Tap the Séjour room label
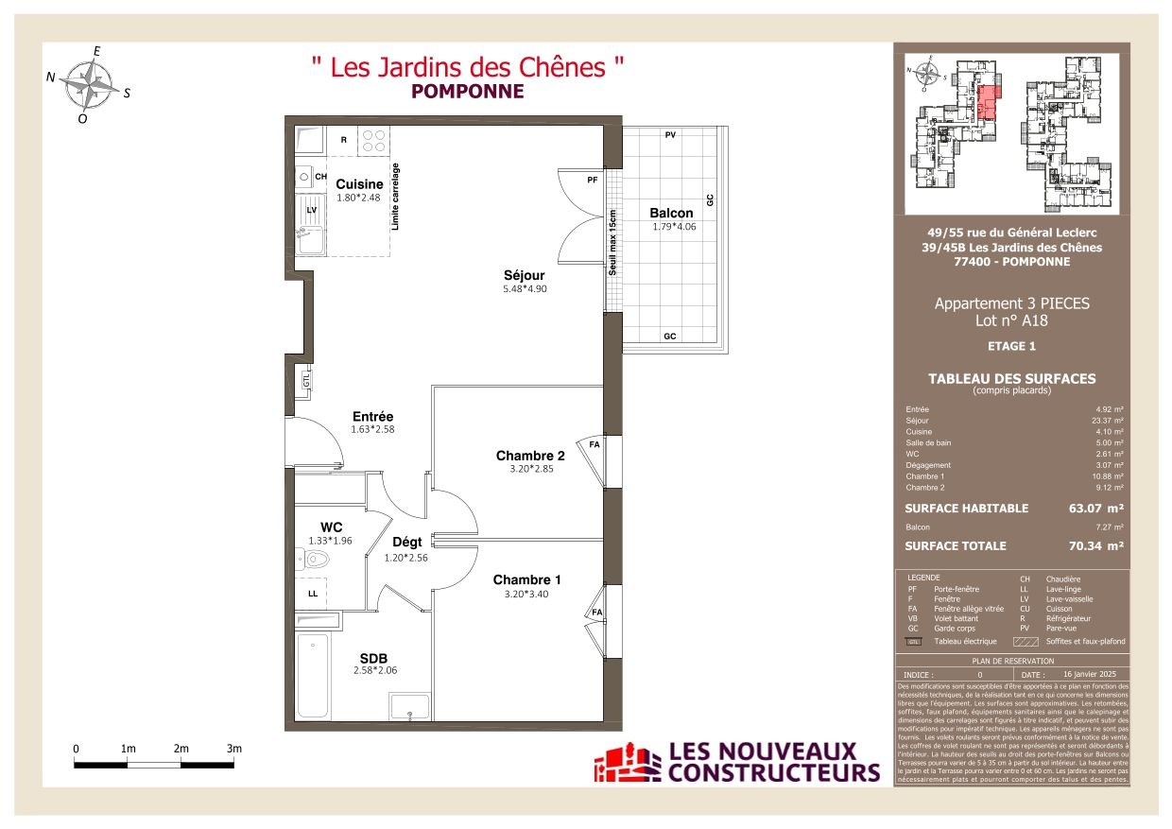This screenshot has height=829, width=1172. click(x=524, y=275)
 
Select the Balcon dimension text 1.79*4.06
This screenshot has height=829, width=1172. click(x=672, y=227)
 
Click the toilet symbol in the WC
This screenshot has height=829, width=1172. click(x=314, y=561)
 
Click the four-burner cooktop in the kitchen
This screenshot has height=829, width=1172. click(x=373, y=141)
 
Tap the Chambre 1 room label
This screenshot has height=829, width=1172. click(x=527, y=579)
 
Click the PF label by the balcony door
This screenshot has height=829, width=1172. click(x=593, y=179)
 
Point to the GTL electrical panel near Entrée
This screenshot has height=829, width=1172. click(x=305, y=380)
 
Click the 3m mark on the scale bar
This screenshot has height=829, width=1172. click(x=234, y=749)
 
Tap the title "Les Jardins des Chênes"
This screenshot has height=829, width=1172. click(x=468, y=67)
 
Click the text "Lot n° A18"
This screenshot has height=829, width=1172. click(x=1011, y=320)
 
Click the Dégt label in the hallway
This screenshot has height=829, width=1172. click(x=407, y=543)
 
